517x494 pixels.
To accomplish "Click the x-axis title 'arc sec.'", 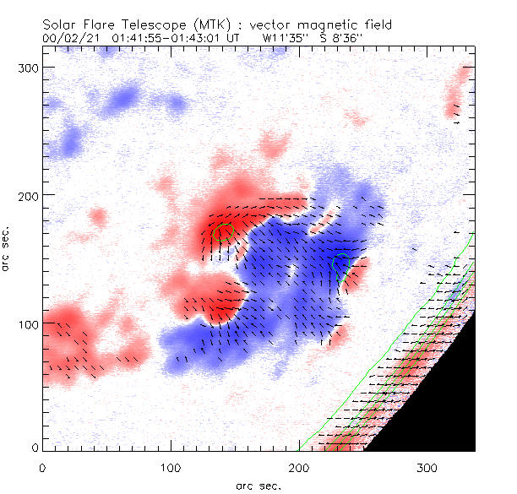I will point(258,485).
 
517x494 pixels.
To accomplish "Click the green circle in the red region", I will point(224,231).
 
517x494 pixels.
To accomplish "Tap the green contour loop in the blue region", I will point(341,267).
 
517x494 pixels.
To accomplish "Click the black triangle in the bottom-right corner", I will point(439,405).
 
